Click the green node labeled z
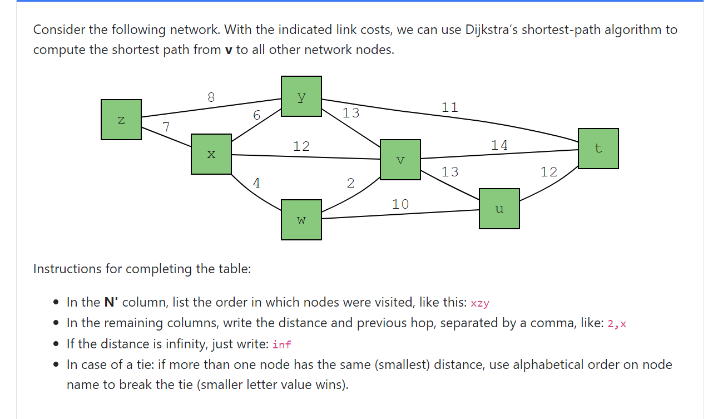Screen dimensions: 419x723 tap(121, 120)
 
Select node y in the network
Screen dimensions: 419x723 tap(301, 96)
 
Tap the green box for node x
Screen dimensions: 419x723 tap(211, 154)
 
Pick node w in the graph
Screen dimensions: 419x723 tap(301, 220)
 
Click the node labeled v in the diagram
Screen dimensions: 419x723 tap(400, 160)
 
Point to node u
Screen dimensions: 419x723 tap(499, 209)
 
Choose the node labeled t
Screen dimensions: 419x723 tap(598, 149)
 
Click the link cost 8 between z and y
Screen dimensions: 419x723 tap(211, 97)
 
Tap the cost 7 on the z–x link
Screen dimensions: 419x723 tap(166, 127)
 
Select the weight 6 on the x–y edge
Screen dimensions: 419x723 tap(256, 115)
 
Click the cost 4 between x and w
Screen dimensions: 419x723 tap(256, 183)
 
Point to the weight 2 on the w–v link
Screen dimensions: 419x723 tap(350, 183)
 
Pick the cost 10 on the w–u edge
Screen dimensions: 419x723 tap(400, 204)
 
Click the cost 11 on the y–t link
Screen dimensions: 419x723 tap(450, 107)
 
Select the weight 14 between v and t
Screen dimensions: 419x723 tap(499, 145)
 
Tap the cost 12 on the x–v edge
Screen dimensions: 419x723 tap(301, 146)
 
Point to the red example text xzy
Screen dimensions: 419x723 tap(480, 303)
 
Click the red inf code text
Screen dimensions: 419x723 tap(282, 344)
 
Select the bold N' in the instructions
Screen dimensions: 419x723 tap(111, 303)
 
